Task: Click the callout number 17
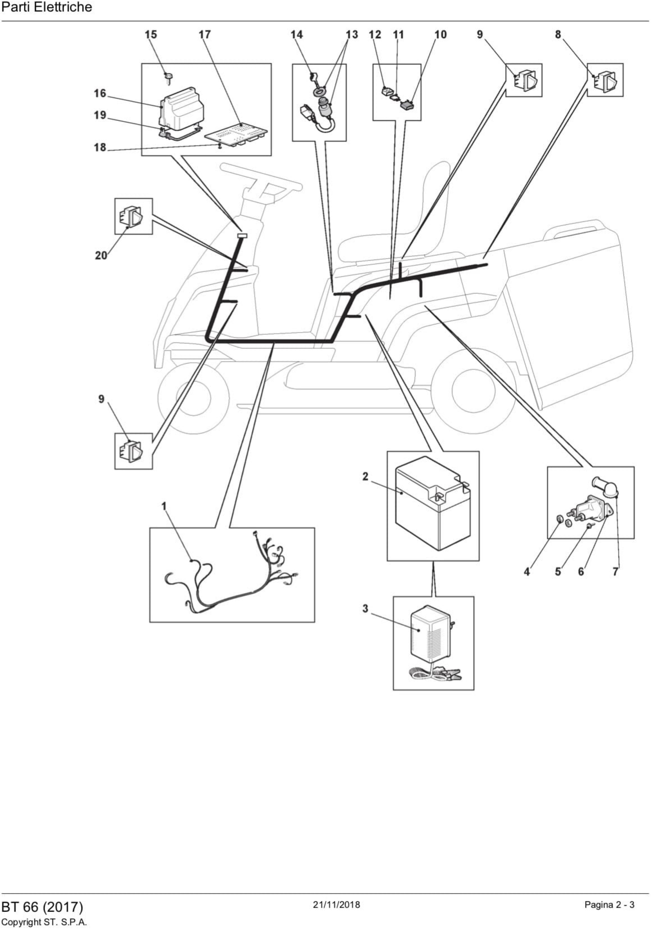coord(205,35)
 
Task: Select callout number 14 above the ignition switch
coord(297,35)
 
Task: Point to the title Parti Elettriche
coord(47,7)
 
